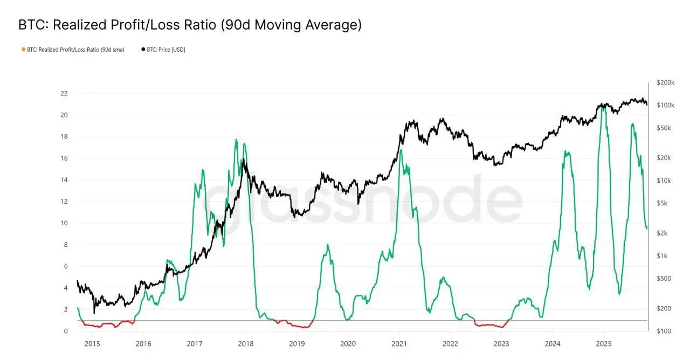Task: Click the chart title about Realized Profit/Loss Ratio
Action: point(190,25)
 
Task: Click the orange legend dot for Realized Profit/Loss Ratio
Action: point(23,50)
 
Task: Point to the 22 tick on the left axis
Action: point(64,93)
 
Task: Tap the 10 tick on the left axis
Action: point(64,223)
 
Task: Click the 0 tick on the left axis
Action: point(65,331)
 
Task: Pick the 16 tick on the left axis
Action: point(64,158)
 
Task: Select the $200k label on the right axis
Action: point(665,82)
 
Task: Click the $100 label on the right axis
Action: point(664,331)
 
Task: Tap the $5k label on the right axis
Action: point(664,203)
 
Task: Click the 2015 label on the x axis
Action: point(92,343)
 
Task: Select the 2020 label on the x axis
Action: point(348,343)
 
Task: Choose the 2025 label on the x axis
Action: point(604,343)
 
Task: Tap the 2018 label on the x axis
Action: point(246,343)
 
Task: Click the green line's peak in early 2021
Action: point(400,150)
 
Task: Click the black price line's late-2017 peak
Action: point(244,160)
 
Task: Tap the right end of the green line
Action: point(647,229)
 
